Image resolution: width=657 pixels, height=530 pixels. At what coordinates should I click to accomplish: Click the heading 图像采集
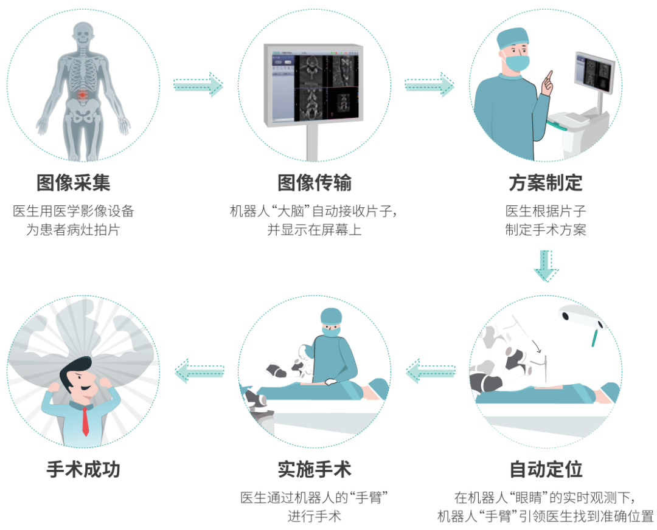(74, 182)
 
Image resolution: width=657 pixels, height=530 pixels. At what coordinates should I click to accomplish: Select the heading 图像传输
(315, 182)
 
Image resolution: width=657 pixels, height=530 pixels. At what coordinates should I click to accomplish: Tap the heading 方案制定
(546, 182)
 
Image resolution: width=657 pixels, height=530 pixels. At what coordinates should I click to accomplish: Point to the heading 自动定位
(546, 469)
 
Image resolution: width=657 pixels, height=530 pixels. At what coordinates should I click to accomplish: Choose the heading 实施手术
(315, 469)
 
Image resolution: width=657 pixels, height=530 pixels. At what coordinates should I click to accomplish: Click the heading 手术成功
(83, 469)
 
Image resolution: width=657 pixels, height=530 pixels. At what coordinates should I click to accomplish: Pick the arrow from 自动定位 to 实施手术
(430, 371)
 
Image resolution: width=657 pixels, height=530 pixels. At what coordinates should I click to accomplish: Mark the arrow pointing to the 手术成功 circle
(199, 371)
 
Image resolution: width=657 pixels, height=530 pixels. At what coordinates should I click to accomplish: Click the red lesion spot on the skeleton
(84, 95)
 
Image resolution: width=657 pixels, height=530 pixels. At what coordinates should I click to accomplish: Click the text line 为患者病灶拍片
(74, 231)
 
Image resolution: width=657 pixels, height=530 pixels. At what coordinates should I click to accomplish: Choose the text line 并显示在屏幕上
(315, 231)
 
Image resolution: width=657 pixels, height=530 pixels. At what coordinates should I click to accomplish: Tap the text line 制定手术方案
(546, 231)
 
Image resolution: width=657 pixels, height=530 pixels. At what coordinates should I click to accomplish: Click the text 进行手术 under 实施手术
(315, 517)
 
